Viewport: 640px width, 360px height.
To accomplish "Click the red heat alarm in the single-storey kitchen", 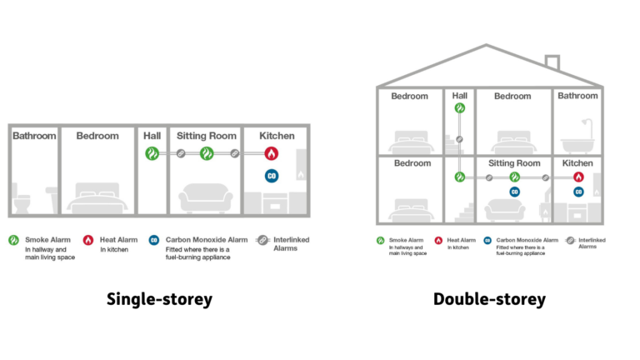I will [271, 153].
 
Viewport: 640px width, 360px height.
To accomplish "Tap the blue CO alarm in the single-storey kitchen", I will [271, 175].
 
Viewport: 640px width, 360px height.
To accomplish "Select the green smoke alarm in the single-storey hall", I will [152, 153].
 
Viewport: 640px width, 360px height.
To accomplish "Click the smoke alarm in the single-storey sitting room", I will [207, 153].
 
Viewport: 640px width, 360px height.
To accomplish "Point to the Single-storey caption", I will [159, 299].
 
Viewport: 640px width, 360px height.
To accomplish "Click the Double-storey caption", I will [489, 299].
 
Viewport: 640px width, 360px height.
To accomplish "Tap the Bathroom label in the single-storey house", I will [34, 136].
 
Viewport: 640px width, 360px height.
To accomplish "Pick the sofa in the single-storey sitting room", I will [206, 198].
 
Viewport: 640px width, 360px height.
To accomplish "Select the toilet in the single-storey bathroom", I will [20, 202].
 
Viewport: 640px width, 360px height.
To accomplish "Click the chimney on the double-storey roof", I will [552, 63].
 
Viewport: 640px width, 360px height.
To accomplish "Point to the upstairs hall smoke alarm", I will [460, 108].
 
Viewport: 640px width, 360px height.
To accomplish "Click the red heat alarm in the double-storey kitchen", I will [578, 177].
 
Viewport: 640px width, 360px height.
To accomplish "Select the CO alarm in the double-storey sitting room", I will [515, 192].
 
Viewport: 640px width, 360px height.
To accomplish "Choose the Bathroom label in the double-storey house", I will [577, 96].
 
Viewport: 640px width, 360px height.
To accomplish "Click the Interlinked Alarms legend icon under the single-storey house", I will [263, 240].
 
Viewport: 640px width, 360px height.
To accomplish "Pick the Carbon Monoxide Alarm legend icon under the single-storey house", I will [154, 240].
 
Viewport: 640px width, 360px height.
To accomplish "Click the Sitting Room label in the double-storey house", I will [514, 163].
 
